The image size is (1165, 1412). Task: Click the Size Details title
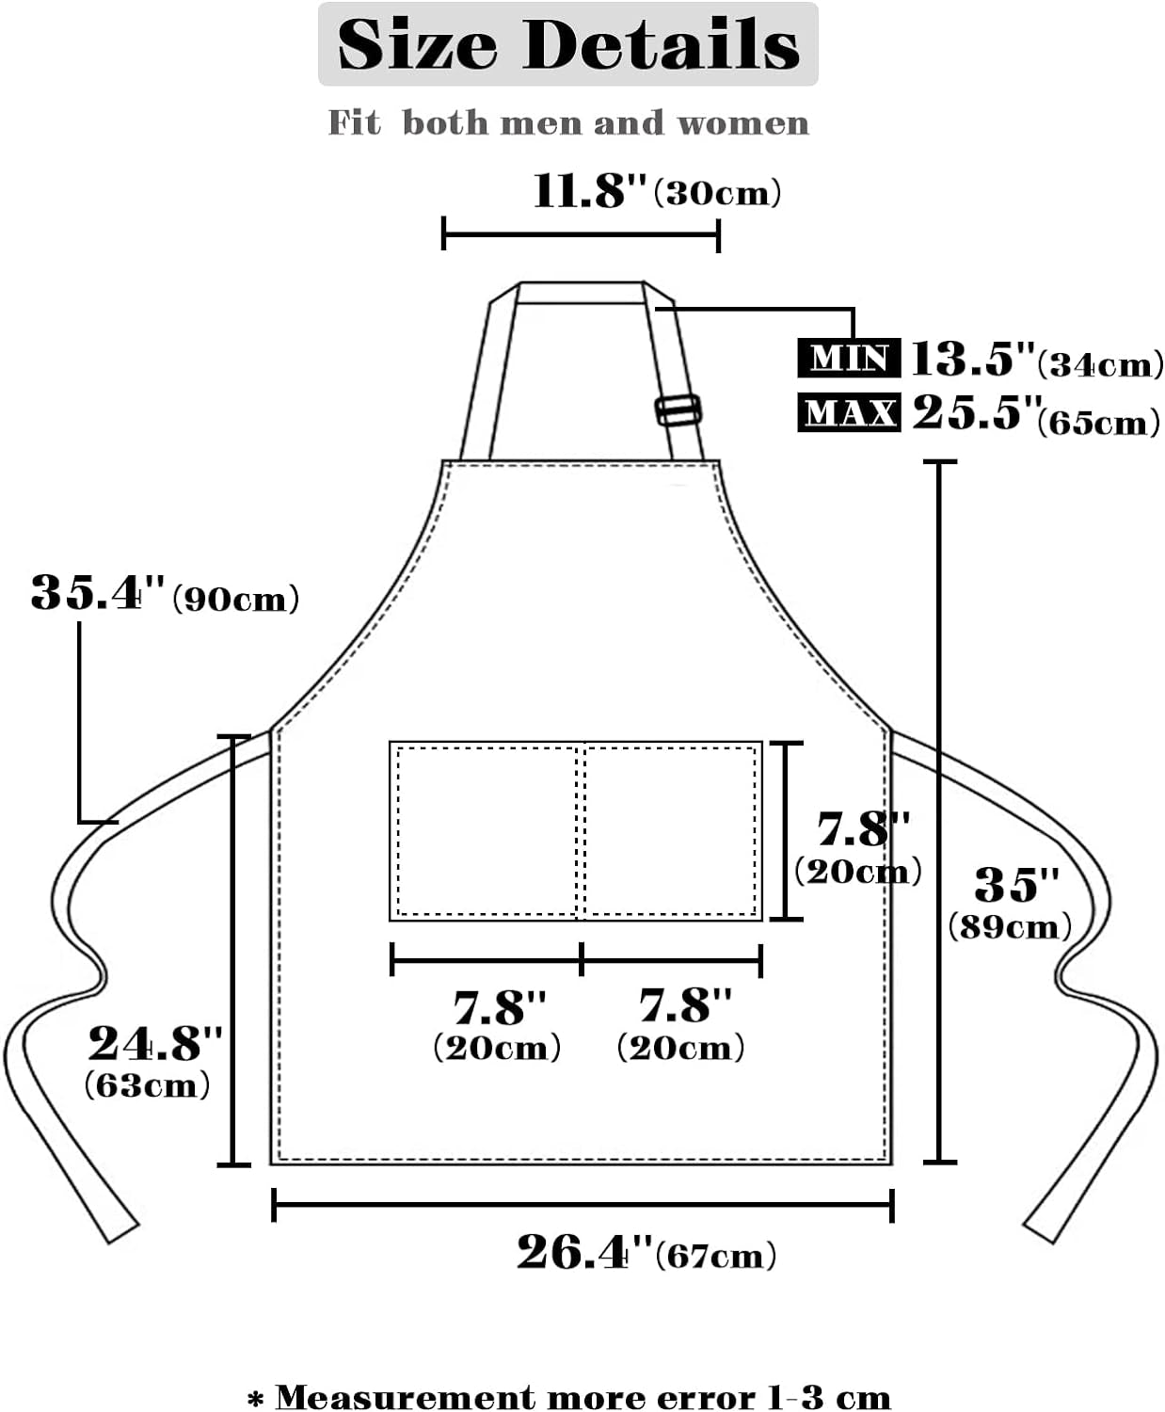click(x=568, y=44)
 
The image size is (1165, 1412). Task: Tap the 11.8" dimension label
click(x=590, y=191)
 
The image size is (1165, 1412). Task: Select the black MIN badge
click(x=849, y=357)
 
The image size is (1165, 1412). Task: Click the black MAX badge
click(x=849, y=412)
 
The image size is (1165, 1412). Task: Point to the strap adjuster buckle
click(x=678, y=410)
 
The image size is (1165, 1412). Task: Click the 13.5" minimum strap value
click(x=973, y=358)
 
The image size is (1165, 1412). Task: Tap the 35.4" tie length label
click(x=97, y=593)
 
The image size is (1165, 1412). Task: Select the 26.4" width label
click(x=585, y=1252)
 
